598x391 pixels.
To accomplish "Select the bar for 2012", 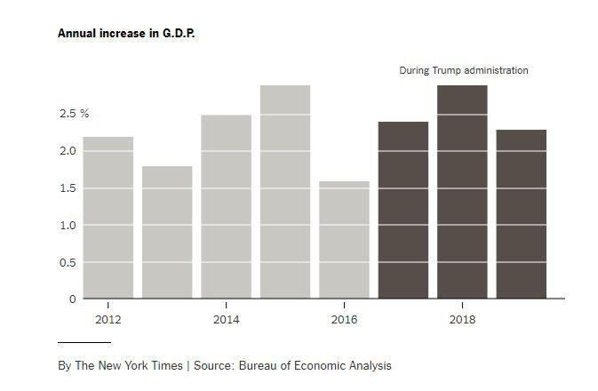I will point(108,218).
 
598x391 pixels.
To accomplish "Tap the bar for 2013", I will point(167,232).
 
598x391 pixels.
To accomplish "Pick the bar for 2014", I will point(226,207).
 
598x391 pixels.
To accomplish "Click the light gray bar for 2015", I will point(285,192).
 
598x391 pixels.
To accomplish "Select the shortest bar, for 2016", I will point(344,240).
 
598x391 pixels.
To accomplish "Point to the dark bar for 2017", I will point(403,211).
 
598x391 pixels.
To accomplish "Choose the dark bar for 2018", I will point(462,192).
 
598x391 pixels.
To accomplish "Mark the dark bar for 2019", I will point(522,214).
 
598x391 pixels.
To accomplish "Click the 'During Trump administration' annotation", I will point(463,70).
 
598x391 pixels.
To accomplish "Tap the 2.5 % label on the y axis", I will point(74,114).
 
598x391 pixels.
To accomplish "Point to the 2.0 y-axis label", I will point(68,151).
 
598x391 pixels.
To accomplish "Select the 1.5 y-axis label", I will point(68,188).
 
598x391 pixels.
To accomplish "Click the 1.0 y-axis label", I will point(68,225).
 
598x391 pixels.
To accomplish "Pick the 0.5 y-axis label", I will point(68,262).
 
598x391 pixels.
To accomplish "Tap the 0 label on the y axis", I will point(72,299).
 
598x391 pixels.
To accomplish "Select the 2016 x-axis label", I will point(344,319).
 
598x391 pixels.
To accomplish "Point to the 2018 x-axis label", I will point(462,319).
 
